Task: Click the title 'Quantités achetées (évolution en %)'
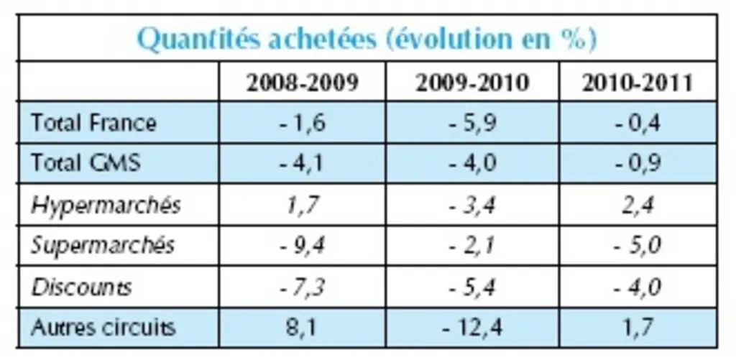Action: [x=367, y=39]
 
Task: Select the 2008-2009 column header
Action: [x=303, y=83]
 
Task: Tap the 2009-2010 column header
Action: [x=472, y=83]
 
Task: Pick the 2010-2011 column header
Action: [x=638, y=83]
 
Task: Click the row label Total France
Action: [x=94, y=124]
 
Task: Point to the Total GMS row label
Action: [x=86, y=163]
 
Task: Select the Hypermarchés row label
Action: [x=106, y=206]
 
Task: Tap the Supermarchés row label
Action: [x=103, y=246]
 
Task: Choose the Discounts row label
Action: [x=81, y=287]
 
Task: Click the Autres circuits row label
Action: [x=103, y=327]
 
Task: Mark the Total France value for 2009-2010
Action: [x=472, y=124]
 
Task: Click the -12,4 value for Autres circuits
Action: [x=472, y=328]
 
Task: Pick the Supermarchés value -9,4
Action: [x=303, y=246]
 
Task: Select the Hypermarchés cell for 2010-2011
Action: [x=638, y=206]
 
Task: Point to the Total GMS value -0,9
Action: [x=638, y=164]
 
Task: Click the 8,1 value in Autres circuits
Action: [x=303, y=328]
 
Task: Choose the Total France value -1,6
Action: [x=303, y=124]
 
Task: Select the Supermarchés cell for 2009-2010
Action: [x=472, y=246]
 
